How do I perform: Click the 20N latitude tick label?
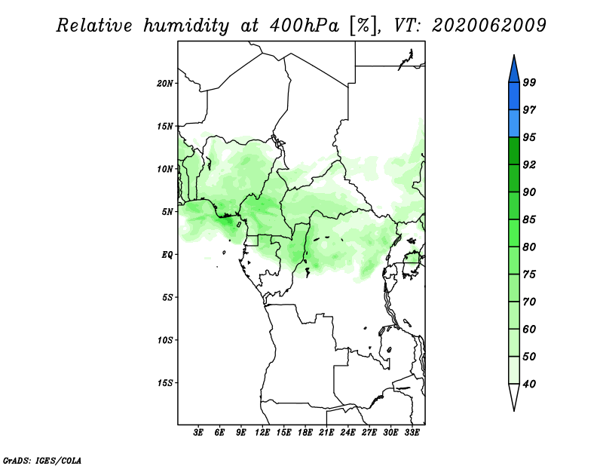tap(165, 84)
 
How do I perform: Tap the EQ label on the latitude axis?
tap(167, 255)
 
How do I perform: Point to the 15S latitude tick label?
tap(165, 383)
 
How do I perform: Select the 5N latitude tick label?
tap(167, 212)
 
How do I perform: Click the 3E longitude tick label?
tap(198, 433)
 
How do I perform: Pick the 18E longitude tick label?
tap(305, 433)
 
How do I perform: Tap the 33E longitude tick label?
tap(412, 433)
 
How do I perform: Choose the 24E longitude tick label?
tap(347, 433)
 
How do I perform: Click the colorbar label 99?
tap(529, 82)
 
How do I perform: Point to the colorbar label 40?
tap(529, 384)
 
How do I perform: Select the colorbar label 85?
tap(529, 219)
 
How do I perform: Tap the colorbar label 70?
tap(529, 302)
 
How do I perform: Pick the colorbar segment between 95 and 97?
tap(514, 124)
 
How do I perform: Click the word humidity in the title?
tap(186, 26)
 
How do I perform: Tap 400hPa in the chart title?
tap(305, 26)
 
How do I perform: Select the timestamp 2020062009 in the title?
tap(488, 26)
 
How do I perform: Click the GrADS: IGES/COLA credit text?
tap(42, 461)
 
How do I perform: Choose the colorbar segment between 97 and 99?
tap(514, 97)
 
